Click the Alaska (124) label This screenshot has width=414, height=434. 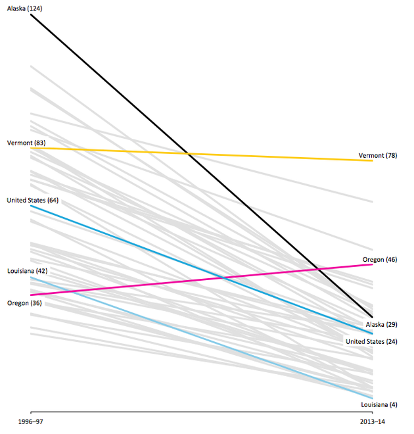(x=24, y=7)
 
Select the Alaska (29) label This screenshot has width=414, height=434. (x=381, y=325)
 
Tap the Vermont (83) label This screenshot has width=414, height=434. (x=26, y=143)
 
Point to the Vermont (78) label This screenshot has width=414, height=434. (x=378, y=156)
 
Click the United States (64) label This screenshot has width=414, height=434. (x=33, y=200)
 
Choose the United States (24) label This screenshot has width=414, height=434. (x=372, y=341)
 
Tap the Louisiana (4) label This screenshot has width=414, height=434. (x=380, y=404)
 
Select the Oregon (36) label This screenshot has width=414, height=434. (x=24, y=302)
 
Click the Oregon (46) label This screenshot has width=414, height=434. (x=379, y=260)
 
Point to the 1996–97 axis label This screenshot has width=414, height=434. (x=31, y=420)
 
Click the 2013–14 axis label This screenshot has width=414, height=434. (x=373, y=420)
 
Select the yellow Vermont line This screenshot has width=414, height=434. (x=263, y=157)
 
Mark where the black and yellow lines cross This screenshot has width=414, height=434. (x=189, y=154)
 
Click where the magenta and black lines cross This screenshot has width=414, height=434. (x=318, y=269)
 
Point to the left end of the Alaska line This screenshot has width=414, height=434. (x=31, y=14)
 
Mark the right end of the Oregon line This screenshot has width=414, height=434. (x=373, y=264)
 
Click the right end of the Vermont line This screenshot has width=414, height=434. (x=373, y=160)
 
